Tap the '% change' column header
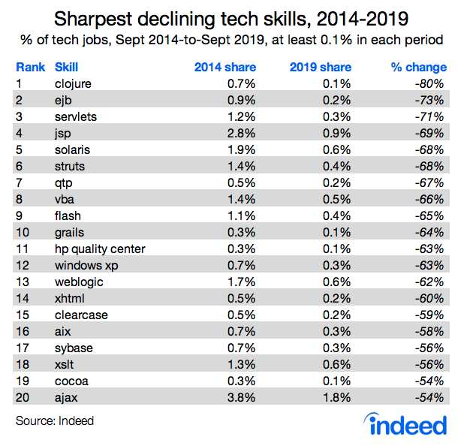[x=419, y=68]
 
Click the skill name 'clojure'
[x=73, y=84]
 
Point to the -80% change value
[x=431, y=84]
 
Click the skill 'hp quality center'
[x=100, y=249]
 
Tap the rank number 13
[x=23, y=282]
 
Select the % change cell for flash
[x=431, y=215]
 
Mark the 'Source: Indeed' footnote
[x=55, y=420]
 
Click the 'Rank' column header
[x=29, y=68]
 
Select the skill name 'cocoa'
[x=71, y=380]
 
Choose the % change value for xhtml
[x=431, y=298]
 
